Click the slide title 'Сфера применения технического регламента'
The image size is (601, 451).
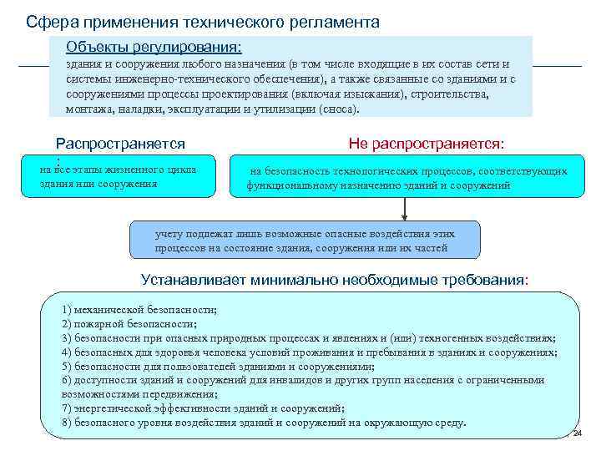coord(202,22)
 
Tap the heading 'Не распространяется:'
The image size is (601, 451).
coord(426,144)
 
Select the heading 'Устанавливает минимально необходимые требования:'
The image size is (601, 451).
coord(335,279)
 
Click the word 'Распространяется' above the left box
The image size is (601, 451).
coord(120,144)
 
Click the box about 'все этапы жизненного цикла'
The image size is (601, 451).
coord(119,175)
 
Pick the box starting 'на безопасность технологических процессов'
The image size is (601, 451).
coord(407,177)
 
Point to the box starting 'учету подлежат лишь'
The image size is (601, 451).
coord(306,241)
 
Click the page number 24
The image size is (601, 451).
coord(576,433)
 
